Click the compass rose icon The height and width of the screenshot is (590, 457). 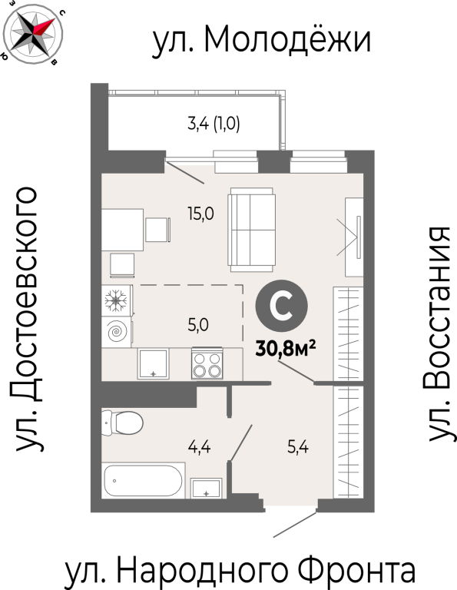[33, 33]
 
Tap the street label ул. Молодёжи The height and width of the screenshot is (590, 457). [262, 40]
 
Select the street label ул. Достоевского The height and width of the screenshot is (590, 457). [27, 318]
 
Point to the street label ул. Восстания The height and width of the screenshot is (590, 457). [439, 334]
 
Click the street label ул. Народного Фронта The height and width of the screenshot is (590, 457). [240, 571]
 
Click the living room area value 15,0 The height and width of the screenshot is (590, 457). [201, 214]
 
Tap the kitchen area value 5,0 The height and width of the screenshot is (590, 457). [198, 325]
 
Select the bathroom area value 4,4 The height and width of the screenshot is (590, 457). [200, 447]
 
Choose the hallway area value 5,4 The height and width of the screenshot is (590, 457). [298, 447]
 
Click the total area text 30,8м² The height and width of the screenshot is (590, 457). [286, 349]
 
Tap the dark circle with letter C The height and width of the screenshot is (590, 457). [281, 306]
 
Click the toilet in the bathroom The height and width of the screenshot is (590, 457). [122, 423]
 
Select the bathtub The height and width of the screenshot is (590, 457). [144, 480]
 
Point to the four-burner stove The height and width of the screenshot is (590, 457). [207, 363]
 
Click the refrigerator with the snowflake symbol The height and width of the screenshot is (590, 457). [117, 300]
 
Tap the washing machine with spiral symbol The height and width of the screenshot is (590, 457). [117, 332]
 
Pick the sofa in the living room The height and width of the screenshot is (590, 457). [251, 230]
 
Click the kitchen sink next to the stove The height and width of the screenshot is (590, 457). [153, 364]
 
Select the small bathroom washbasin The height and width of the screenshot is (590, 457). [206, 488]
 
